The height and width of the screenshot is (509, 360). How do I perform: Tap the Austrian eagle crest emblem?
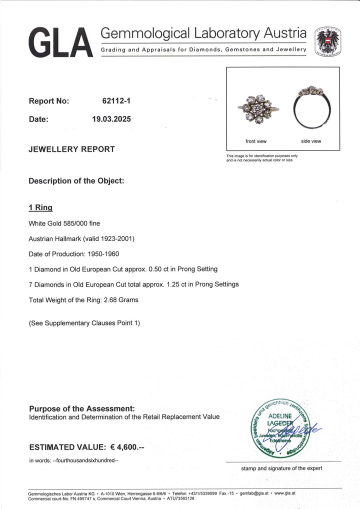click(x=328, y=41)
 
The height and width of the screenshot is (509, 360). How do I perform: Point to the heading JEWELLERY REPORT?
click(x=71, y=149)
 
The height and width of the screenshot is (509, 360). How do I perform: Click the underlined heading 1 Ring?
click(x=40, y=207)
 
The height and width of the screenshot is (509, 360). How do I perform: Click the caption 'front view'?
click(x=256, y=141)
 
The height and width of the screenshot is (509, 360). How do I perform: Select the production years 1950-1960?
click(x=102, y=254)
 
